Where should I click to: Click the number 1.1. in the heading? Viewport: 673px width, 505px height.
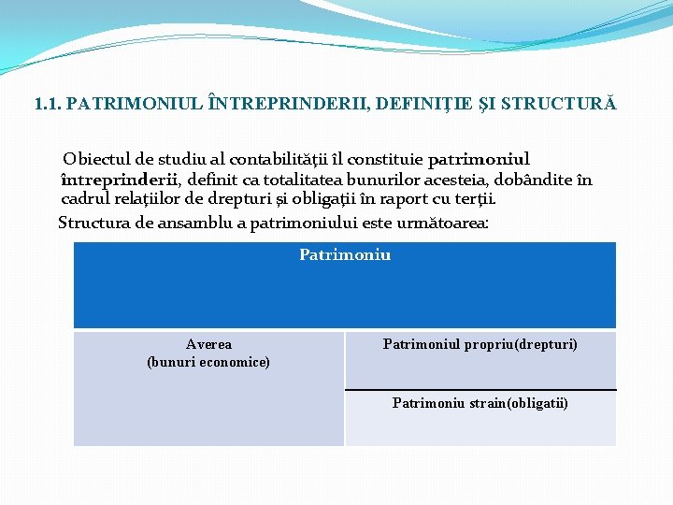48,103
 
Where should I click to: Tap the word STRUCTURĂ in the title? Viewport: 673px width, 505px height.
558,103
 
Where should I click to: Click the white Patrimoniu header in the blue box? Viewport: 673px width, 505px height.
345,254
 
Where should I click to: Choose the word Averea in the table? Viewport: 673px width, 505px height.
208,344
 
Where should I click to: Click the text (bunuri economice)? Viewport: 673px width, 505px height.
208,362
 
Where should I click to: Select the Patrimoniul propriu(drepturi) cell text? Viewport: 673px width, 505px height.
480,344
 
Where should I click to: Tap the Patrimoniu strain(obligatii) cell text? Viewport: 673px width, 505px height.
480,403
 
